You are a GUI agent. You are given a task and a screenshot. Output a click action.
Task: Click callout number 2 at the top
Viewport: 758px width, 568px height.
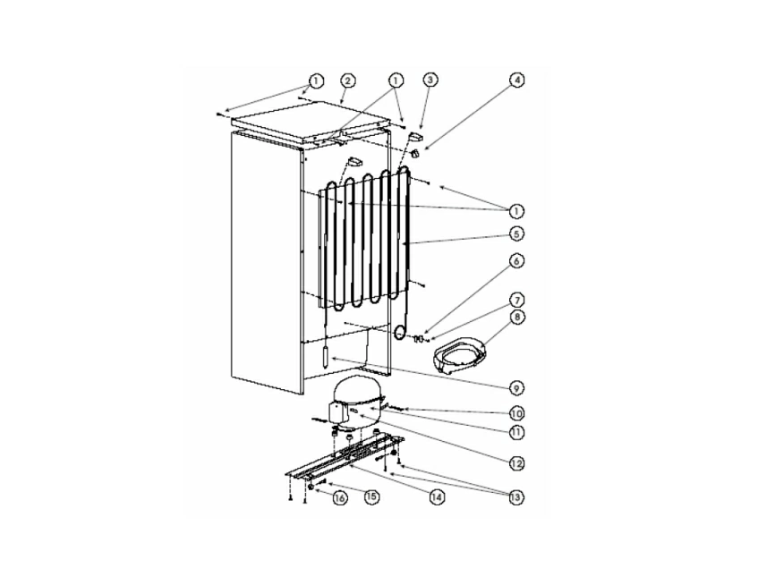click(348, 81)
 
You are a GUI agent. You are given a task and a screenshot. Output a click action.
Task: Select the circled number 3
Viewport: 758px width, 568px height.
click(430, 81)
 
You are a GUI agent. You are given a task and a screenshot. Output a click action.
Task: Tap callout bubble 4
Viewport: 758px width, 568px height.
click(516, 80)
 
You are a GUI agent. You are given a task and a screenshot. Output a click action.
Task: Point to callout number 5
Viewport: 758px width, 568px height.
click(516, 234)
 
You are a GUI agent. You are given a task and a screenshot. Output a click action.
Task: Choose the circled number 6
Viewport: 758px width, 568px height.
click(516, 261)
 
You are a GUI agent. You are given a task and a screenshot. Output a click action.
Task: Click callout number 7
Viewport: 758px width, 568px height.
click(516, 301)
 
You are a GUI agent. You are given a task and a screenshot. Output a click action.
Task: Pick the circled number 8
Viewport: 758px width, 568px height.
click(516, 318)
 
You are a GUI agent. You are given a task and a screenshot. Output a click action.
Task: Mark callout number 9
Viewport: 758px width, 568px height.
click(516, 388)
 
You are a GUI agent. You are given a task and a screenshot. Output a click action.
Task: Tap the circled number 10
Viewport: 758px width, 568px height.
click(516, 414)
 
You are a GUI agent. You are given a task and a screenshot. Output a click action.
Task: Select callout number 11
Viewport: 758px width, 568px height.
click(516, 432)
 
